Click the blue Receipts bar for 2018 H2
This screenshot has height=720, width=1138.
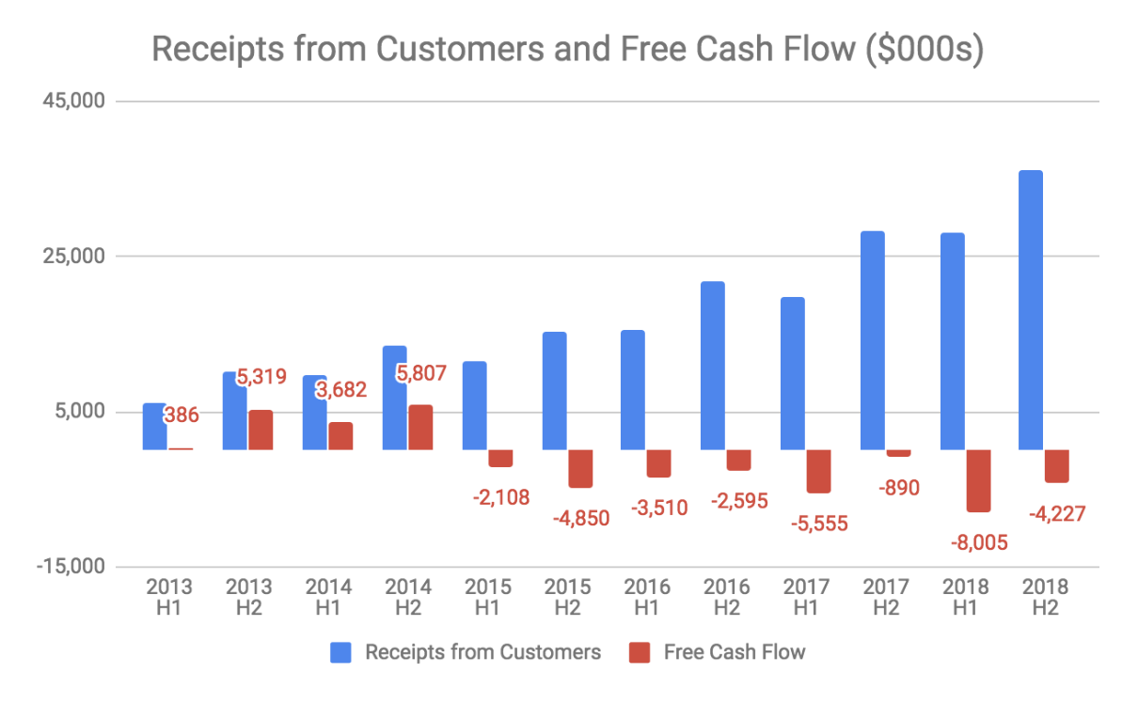1031,310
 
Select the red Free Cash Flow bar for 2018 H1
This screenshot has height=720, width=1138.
978,480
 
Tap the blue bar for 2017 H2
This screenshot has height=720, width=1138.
873,340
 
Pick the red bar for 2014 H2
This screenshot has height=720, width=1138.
420,428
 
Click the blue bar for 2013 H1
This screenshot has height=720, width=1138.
154,427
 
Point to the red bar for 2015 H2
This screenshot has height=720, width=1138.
580,468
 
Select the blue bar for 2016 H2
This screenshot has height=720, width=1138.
713,366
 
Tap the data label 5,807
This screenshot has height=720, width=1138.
420,373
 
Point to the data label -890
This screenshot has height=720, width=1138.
898,487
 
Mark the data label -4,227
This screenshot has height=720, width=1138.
1057,514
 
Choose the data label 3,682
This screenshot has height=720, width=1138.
340,389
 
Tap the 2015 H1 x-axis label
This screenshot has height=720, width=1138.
487,597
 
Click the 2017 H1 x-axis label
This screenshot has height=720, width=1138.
805,597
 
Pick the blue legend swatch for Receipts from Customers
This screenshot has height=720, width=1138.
341,652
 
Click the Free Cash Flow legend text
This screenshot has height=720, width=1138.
734,652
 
